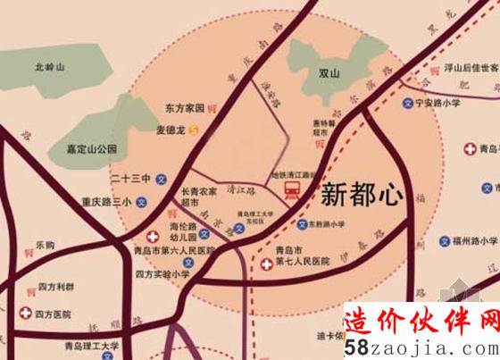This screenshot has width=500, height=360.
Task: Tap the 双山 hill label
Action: coord(331,74)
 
